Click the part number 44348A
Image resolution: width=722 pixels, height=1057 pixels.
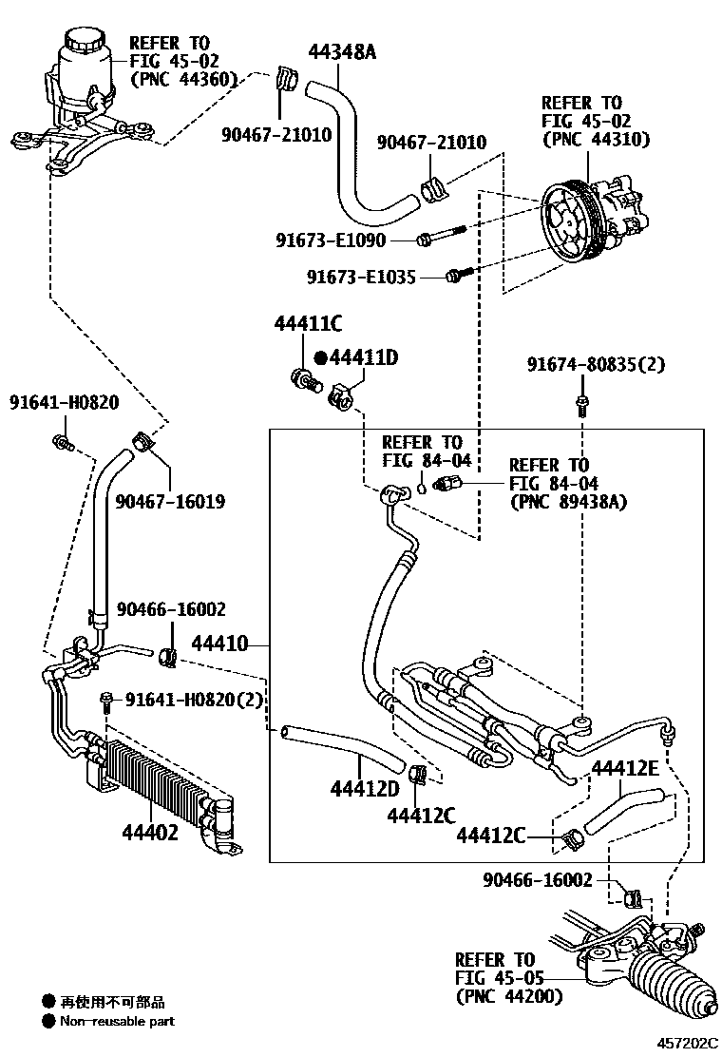click(x=342, y=51)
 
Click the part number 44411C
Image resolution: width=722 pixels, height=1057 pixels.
click(x=308, y=323)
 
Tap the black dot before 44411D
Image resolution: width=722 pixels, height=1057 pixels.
click(x=320, y=357)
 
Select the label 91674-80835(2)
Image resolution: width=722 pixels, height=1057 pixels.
click(x=597, y=364)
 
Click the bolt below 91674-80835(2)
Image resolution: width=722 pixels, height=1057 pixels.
click(x=580, y=406)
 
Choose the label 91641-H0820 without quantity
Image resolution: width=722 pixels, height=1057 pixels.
click(x=65, y=402)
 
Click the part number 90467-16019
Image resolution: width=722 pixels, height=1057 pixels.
click(x=171, y=500)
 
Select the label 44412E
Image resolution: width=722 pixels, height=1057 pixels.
click(x=625, y=767)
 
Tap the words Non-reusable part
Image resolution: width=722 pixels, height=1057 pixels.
click(x=118, y=1022)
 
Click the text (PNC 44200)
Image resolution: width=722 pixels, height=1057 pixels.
click(x=509, y=996)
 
